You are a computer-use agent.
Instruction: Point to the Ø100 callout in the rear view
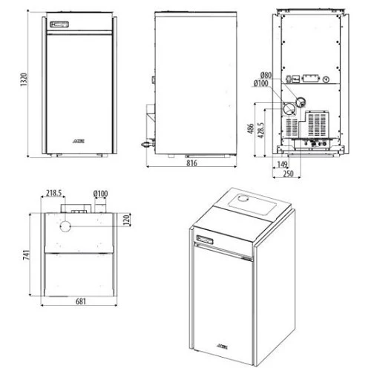[x=261, y=83]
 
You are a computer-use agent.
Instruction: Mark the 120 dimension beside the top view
[x=127, y=221]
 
